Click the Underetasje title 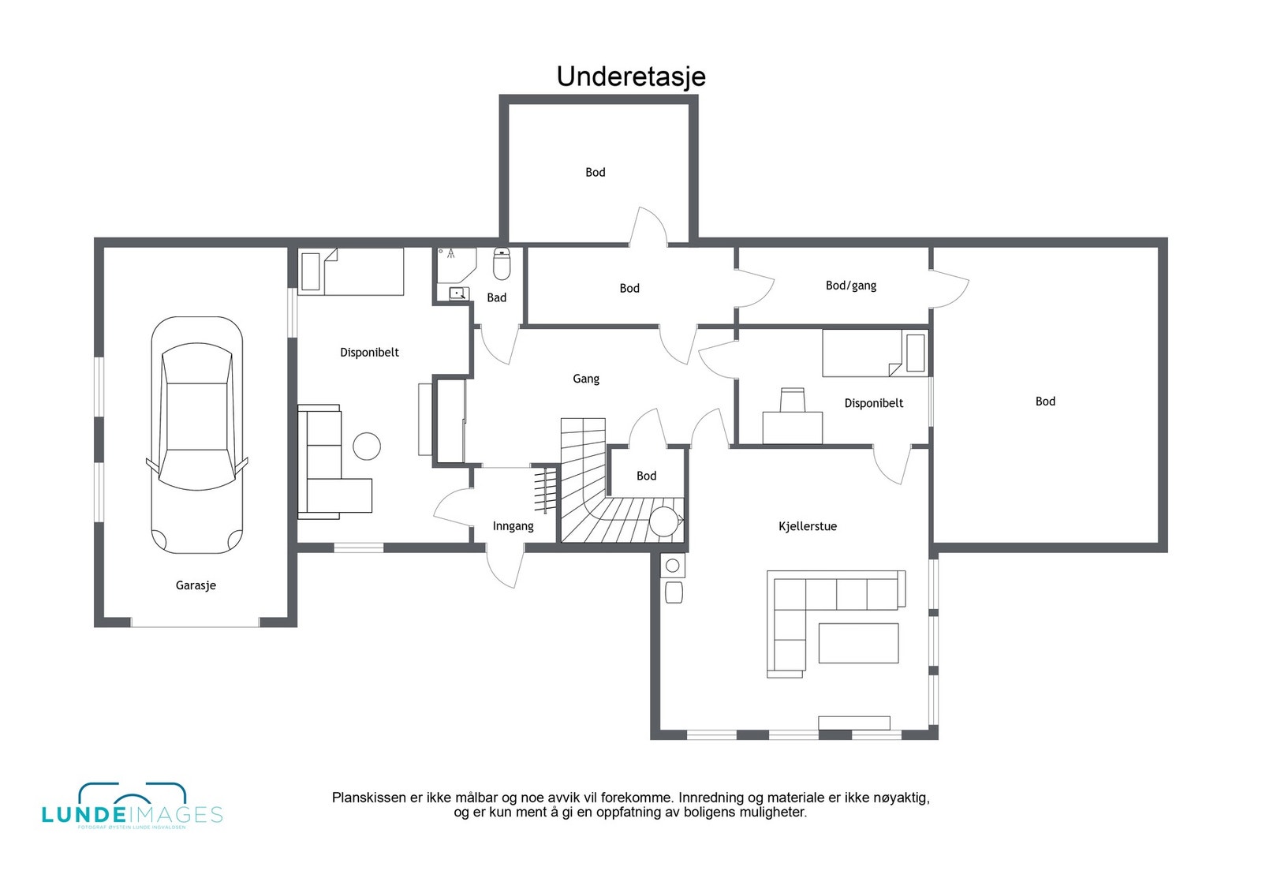(631, 77)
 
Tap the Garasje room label (196, 585)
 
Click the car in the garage (196, 435)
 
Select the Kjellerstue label (807, 526)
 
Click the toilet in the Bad (502, 264)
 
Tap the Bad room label (496, 297)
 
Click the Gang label (585, 379)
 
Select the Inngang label (513, 526)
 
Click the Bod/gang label (850, 286)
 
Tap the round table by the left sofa (367, 447)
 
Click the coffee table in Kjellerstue (858, 643)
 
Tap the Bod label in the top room (595, 172)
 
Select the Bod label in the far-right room (1044, 402)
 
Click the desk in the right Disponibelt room (792, 426)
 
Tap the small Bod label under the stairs (646, 476)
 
